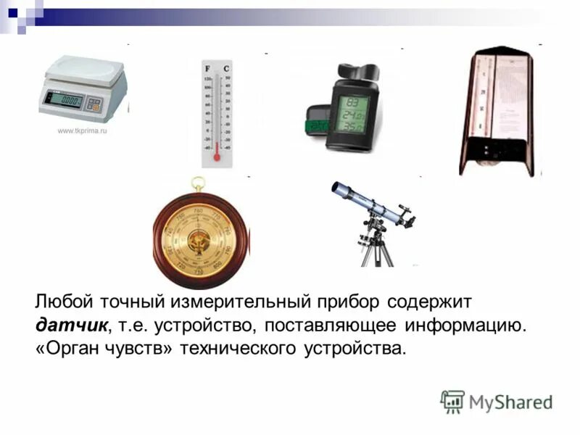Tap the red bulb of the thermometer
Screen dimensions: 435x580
pos(216,155)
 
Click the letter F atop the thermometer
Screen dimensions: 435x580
pos(207,68)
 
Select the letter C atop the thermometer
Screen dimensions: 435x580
pos(227,68)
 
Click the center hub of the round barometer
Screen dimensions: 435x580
pos(197,239)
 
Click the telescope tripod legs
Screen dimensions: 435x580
pos(377,250)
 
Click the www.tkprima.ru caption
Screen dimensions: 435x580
pos(82,131)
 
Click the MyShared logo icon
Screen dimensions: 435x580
pos(452,401)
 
